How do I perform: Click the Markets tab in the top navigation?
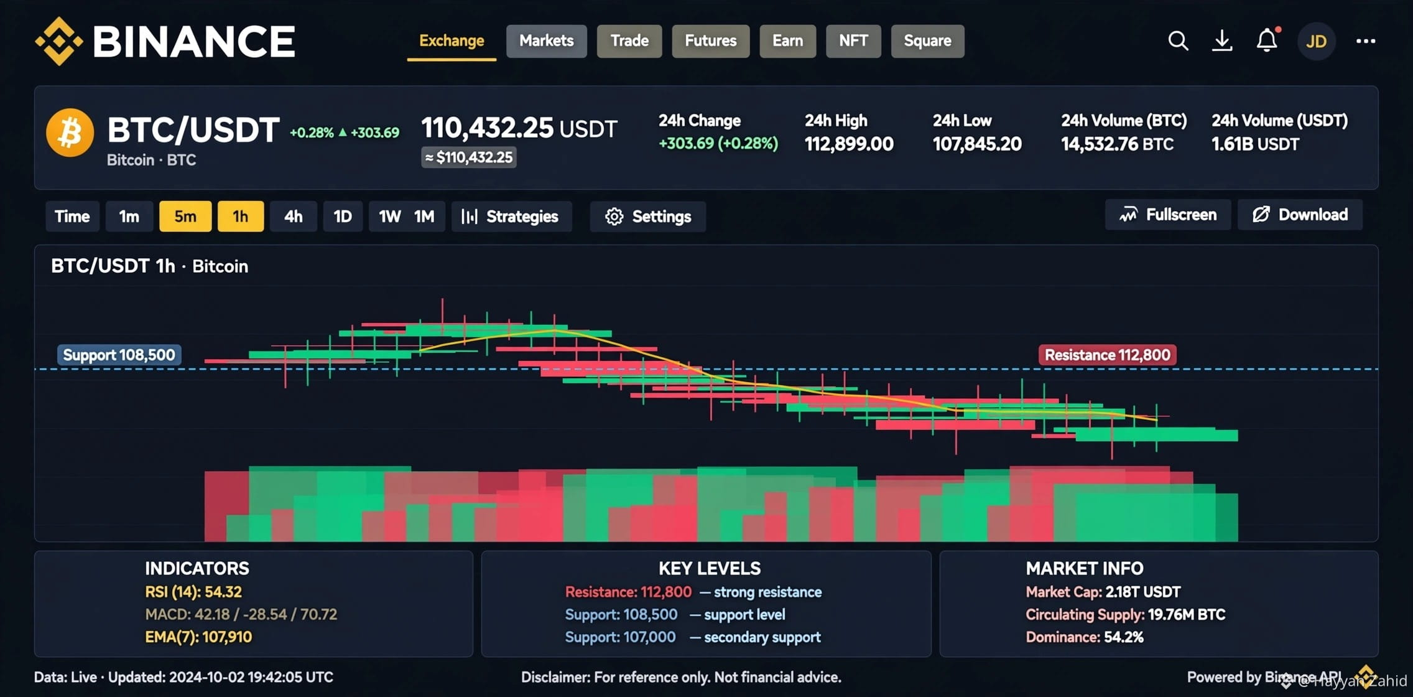coord(546,41)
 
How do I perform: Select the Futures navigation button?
coord(710,41)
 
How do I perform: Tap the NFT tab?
coord(853,41)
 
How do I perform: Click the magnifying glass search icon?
coord(1178,41)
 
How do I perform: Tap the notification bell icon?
coord(1267,40)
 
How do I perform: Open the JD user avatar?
coord(1316,42)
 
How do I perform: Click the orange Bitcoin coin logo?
coord(70,133)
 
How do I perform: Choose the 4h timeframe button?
coord(293,217)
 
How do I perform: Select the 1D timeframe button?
coord(343,217)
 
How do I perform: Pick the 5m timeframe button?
coord(185,217)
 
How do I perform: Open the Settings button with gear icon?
coord(647,217)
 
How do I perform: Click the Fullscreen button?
coord(1167,215)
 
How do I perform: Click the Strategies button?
coord(511,217)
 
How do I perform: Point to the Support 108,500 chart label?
coord(119,355)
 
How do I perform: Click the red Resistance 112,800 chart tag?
coord(1107,355)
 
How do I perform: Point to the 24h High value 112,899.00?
coord(849,144)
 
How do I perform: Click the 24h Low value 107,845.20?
coord(977,144)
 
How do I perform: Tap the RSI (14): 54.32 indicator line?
coord(193,592)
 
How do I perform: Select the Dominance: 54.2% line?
coord(1085,637)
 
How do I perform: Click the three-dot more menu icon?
coord(1366,41)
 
